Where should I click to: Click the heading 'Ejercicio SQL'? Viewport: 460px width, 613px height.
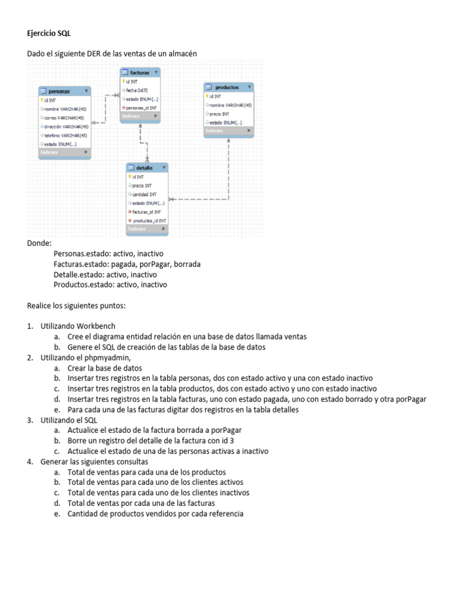point(49,34)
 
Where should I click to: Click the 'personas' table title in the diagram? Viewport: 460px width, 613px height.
point(59,91)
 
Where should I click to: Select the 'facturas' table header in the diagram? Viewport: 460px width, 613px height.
point(140,72)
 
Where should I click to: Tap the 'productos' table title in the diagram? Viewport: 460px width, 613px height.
point(227,87)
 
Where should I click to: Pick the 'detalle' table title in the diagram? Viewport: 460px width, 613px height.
point(144,168)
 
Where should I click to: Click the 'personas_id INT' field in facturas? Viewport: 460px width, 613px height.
point(142,108)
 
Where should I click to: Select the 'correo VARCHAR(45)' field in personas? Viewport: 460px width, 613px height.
point(63,118)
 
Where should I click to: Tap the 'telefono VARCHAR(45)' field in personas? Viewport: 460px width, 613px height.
point(65,135)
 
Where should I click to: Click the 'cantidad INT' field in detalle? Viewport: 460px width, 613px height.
point(144,195)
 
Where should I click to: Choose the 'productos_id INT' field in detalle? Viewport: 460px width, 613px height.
point(149,221)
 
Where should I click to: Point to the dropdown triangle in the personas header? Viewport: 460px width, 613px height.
point(87,91)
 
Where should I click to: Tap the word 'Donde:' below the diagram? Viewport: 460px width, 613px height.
point(40,244)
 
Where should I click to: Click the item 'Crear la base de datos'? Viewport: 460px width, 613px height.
point(105,368)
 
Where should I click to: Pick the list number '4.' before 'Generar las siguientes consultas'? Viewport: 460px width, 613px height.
point(30,462)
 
